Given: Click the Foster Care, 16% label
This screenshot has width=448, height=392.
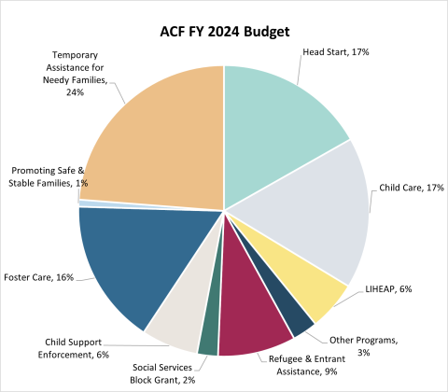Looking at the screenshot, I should (x=40, y=277).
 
